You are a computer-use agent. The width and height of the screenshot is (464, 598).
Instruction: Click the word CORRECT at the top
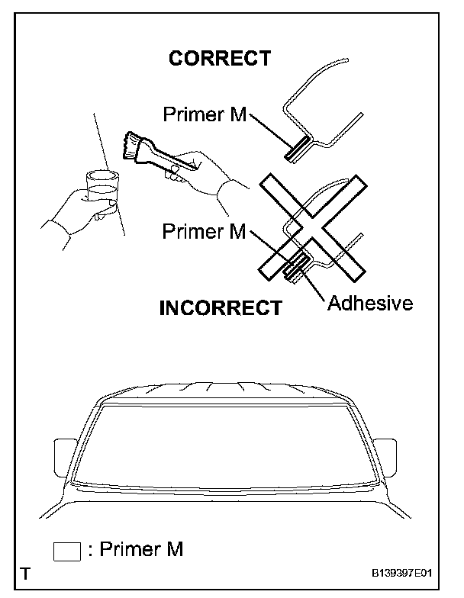220,59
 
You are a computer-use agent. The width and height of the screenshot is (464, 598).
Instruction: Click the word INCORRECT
221,309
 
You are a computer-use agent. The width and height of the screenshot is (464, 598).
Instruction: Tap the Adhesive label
370,304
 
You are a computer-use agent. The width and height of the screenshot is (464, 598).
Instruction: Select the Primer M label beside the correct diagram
205,114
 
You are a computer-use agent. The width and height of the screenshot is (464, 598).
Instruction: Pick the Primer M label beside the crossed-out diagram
205,232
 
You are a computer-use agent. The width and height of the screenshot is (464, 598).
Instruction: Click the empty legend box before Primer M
67,551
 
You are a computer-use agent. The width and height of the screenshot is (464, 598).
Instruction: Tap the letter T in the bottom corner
27,574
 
